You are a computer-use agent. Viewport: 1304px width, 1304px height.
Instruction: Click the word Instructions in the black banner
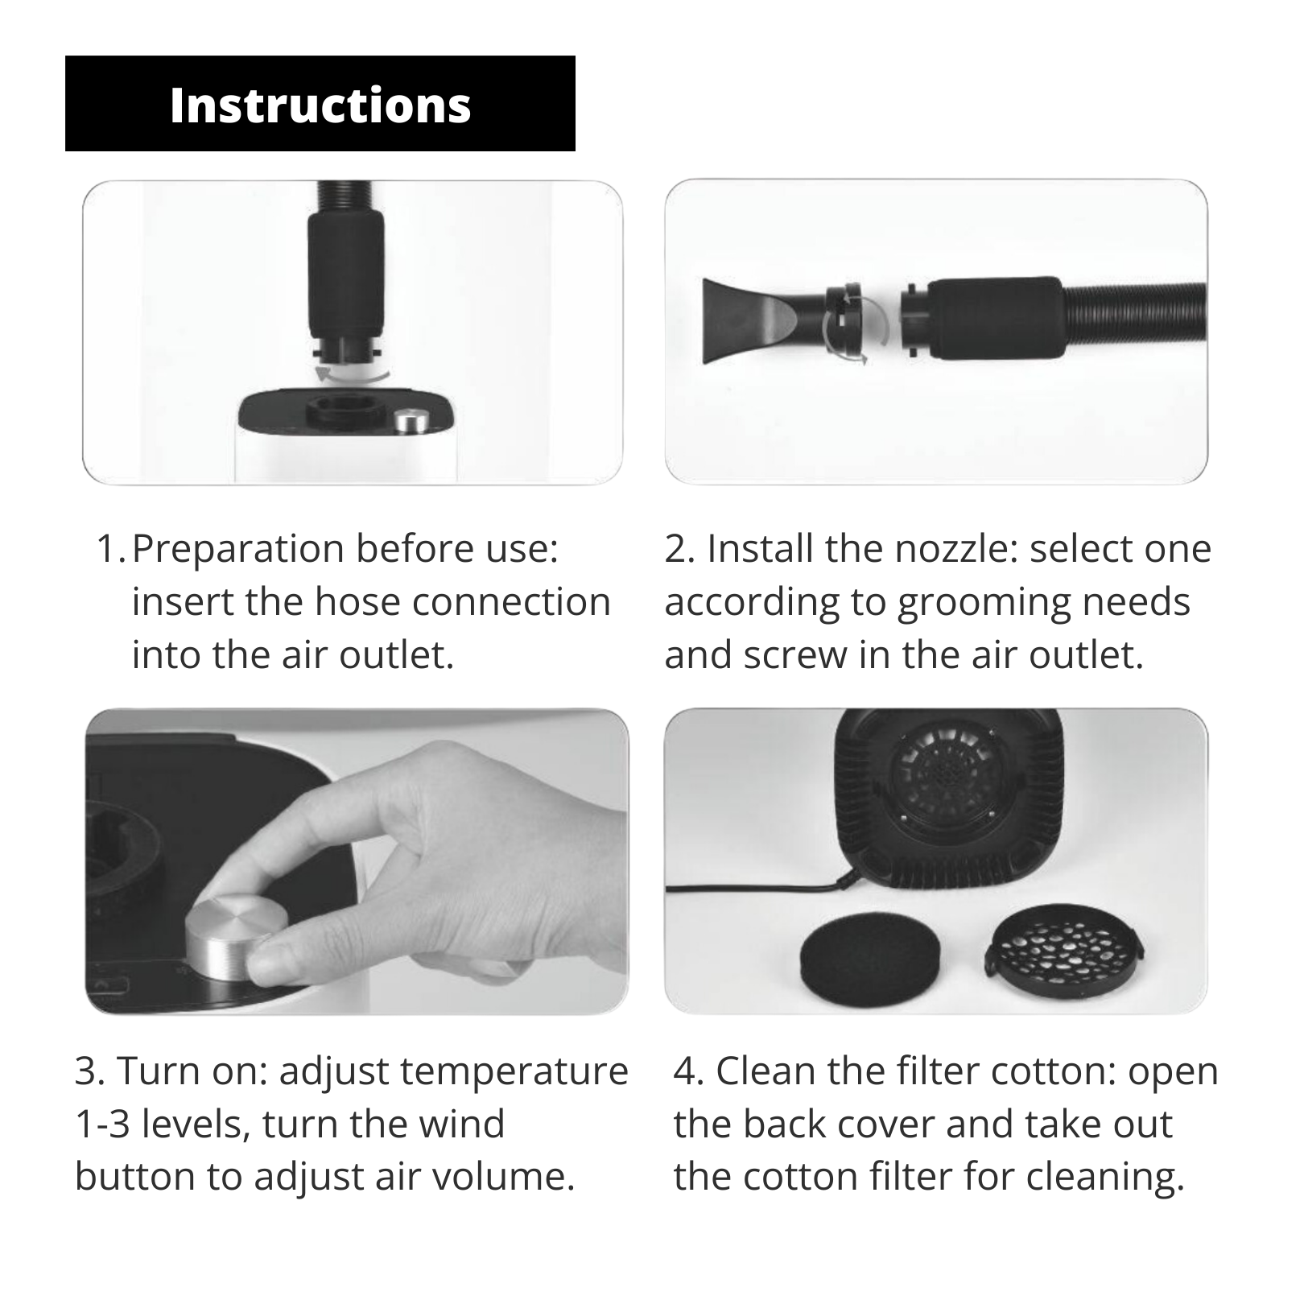320,105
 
